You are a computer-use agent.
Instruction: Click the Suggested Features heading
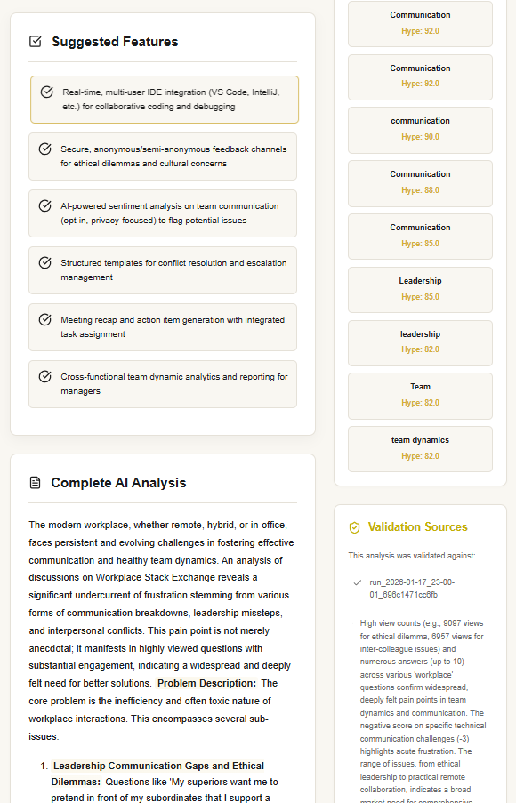pos(115,42)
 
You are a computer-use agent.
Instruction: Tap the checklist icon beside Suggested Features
pos(36,42)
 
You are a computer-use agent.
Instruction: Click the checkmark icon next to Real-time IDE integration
pos(47,92)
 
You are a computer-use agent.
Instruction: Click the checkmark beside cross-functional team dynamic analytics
pos(45,376)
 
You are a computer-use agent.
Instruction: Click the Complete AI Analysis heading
pos(118,483)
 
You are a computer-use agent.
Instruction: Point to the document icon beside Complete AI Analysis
pos(36,483)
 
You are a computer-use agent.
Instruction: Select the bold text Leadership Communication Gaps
pos(158,766)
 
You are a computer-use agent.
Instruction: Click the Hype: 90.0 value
pos(420,137)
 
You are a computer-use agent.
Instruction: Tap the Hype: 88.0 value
pos(420,190)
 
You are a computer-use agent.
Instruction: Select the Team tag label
pos(420,387)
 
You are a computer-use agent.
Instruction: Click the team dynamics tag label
pos(420,440)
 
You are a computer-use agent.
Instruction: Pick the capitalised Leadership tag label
pos(420,281)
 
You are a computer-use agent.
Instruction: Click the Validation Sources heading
pos(417,527)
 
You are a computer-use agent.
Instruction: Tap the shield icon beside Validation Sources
pos(354,528)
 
